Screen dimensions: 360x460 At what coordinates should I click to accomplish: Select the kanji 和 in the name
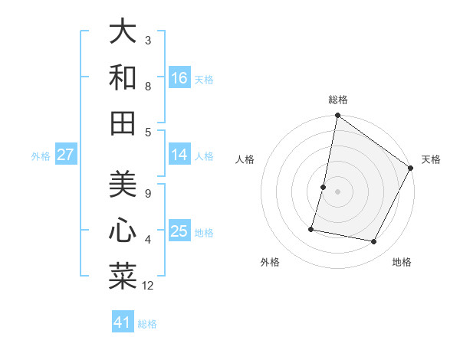(123, 77)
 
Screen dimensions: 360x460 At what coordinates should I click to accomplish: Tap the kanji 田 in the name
(123, 123)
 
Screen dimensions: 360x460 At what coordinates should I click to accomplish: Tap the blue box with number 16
(179, 77)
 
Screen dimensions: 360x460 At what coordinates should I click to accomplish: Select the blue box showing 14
(179, 155)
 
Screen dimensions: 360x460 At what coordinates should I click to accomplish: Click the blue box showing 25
(179, 231)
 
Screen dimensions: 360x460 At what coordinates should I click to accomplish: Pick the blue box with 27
(65, 155)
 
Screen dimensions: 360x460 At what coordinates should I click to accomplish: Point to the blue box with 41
(123, 322)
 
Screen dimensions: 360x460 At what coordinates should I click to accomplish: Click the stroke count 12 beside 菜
(148, 286)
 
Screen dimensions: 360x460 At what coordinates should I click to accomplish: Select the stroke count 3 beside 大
(148, 40)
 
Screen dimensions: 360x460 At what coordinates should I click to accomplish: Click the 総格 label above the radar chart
(337, 100)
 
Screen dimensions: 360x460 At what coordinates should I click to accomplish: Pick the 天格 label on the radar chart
(431, 160)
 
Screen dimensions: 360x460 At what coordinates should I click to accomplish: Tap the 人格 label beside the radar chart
(245, 160)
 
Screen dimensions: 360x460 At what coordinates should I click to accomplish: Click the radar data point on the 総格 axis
(337, 116)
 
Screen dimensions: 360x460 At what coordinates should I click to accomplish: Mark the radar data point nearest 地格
(374, 242)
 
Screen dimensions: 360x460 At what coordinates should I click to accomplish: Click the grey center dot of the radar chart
(337, 191)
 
